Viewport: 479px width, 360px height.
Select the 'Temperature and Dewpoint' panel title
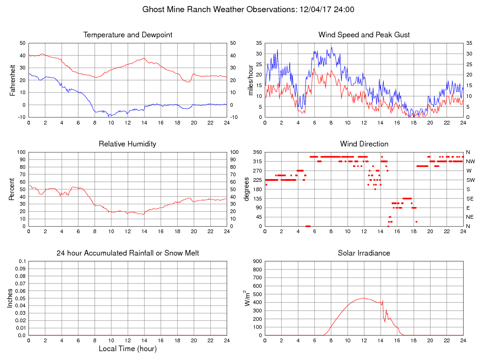tap(128, 35)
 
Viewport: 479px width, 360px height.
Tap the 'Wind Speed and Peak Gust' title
tap(364, 35)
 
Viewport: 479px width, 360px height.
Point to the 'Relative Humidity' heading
tap(127, 144)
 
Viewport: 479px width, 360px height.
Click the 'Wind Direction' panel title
tap(364, 144)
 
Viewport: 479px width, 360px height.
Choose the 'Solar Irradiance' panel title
tap(364, 253)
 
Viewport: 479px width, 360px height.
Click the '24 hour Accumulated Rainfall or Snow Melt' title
tap(128, 253)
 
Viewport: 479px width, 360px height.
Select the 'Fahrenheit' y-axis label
tap(13, 80)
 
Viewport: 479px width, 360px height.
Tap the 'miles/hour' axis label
tap(250, 80)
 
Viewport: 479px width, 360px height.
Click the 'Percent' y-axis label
tap(13, 189)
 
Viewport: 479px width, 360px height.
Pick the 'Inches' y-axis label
tap(10, 298)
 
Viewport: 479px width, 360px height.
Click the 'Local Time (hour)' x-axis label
tap(128, 348)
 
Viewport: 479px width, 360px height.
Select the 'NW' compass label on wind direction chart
tap(470, 161)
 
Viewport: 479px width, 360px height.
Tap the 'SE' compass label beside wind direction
tap(469, 198)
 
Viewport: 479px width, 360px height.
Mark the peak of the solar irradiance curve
tap(364, 298)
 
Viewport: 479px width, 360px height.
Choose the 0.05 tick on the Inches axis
tap(20, 298)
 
